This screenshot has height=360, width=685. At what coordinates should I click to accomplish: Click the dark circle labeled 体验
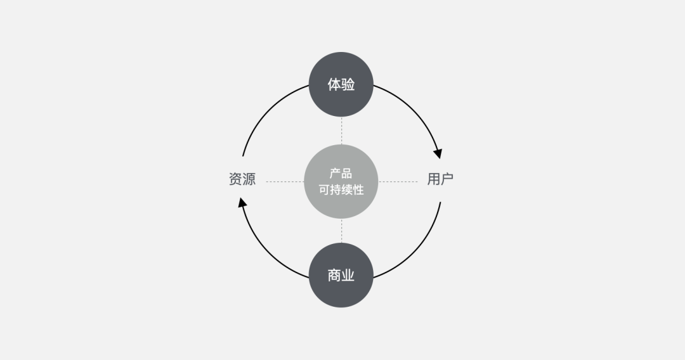tap(341, 84)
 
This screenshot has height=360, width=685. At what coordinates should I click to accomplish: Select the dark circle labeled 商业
tap(341, 275)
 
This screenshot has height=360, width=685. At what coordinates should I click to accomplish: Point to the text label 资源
tap(242, 179)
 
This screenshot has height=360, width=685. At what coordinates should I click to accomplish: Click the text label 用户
tap(440, 179)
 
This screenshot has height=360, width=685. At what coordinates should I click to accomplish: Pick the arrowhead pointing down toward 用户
tap(438, 153)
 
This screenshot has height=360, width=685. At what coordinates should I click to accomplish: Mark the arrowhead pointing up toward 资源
tap(242, 202)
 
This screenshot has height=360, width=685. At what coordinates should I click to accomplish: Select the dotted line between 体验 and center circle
tap(341, 131)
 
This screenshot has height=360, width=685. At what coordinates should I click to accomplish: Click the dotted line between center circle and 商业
tap(341, 231)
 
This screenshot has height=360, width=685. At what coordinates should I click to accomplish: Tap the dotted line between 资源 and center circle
tap(284, 182)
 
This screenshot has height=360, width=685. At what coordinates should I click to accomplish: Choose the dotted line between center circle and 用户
tap(398, 182)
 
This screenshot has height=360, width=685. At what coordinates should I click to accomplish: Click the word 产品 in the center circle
tap(341, 174)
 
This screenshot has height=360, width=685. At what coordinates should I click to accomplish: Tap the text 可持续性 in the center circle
tap(341, 190)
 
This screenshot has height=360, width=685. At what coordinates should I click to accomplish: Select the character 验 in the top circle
tap(348, 84)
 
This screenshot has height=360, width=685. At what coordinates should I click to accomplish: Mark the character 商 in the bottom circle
tap(334, 275)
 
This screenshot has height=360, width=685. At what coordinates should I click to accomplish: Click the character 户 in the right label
tap(447, 179)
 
